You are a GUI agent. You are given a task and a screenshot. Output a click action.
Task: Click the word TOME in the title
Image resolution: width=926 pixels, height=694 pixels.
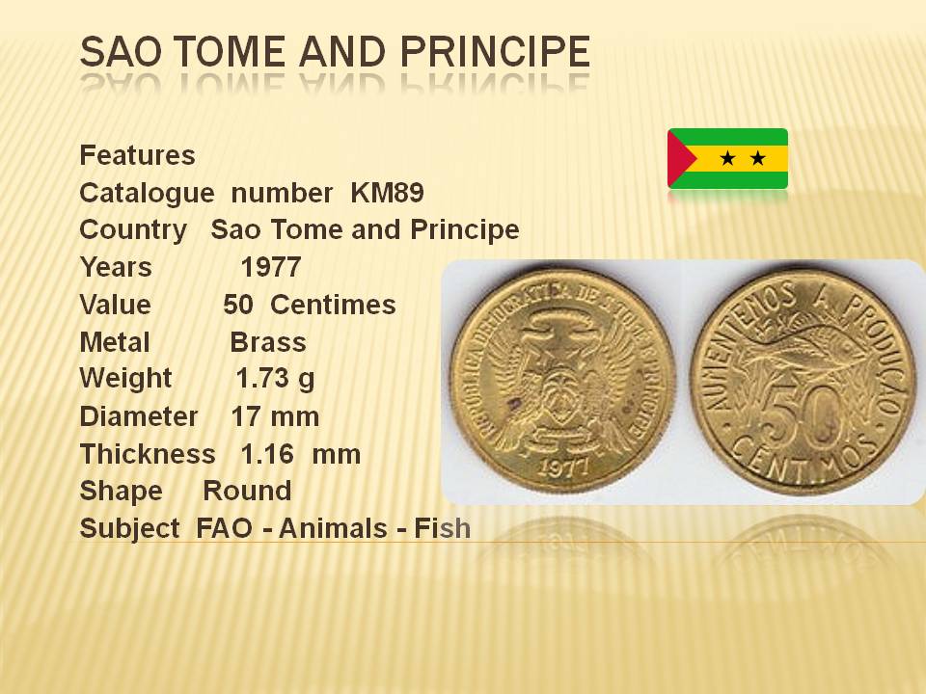pos(231,51)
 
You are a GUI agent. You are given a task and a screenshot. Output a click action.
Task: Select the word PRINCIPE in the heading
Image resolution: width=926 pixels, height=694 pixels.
pos(495,51)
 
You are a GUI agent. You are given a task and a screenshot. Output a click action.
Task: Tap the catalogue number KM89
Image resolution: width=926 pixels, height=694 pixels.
pos(387,193)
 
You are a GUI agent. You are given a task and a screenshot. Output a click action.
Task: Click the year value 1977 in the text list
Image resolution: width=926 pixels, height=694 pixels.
pos(271,267)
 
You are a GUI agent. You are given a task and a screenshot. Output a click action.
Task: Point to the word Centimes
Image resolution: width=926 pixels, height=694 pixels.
pos(333,306)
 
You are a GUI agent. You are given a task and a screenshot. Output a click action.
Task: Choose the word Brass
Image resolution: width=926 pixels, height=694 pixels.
pos(268,342)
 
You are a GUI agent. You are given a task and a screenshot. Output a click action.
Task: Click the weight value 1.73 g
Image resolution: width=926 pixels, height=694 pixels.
pos(275,380)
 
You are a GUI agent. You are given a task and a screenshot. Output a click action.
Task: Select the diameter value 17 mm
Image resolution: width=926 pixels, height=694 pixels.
pos(275,416)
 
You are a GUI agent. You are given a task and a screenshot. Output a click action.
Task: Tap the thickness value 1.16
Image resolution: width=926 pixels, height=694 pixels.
pos(267,454)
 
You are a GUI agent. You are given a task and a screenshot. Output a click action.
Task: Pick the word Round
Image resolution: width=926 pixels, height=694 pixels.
pos(247,491)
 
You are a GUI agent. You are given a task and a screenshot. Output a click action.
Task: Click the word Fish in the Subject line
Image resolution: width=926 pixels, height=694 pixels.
pos(443,528)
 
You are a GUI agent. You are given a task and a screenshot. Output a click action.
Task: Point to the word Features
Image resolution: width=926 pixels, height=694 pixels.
pos(137,155)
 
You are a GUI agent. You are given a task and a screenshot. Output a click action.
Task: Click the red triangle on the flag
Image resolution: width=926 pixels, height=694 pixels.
pos(680,158)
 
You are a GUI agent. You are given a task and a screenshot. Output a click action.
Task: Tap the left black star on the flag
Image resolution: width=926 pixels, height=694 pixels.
pos(728,158)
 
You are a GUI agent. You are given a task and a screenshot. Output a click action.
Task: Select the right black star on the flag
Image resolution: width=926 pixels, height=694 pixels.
pos(758,158)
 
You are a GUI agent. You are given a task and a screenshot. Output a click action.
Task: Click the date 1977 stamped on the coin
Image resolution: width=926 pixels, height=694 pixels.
pos(564,467)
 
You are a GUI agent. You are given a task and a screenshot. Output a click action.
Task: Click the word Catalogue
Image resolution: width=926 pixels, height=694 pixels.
pos(147,194)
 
